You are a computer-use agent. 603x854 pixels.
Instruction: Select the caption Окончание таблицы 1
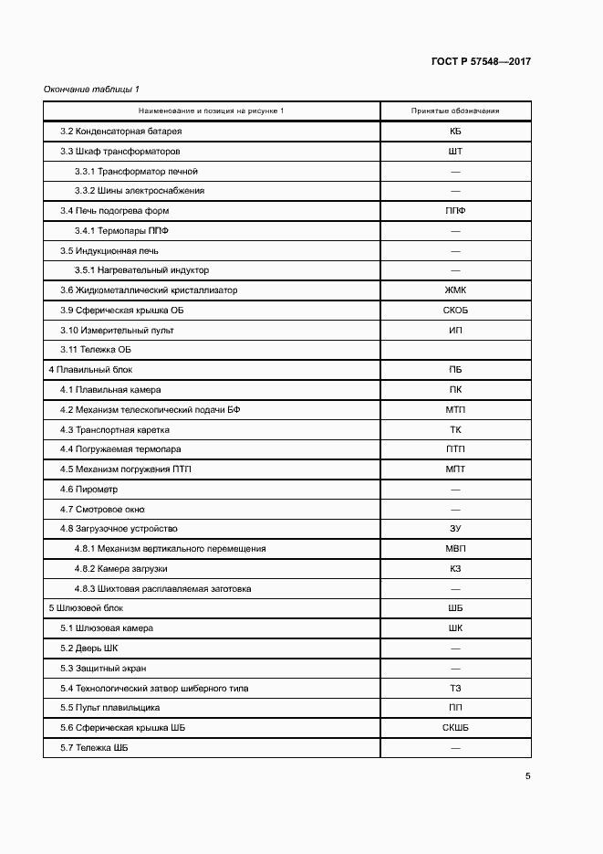click(x=91, y=90)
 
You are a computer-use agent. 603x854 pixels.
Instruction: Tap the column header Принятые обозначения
click(x=455, y=111)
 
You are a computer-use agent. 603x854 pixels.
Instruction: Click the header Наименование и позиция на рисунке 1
click(x=212, y=111)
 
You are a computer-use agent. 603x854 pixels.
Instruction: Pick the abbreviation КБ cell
click(x=455, y=132)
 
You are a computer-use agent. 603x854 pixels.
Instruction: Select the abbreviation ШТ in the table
click(x=455, y=152)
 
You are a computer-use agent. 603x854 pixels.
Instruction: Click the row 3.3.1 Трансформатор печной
click(x=136, y=171)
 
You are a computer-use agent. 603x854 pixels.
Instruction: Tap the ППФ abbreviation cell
click(x=455, y=211)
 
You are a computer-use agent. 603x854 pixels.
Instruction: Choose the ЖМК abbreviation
click(x=455, y=290)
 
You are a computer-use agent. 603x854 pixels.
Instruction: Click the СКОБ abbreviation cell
click(x=455, y=311)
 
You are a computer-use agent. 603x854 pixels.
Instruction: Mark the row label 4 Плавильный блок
click(x=90, y=370)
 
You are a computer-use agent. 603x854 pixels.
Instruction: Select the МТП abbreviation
click(x=455, y=410)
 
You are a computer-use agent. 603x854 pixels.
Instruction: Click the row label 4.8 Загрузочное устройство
click(x=119, y=529)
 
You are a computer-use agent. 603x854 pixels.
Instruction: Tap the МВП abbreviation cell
click(x=455, y=549)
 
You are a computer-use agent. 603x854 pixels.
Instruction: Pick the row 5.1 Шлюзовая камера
click(x=107, y=628)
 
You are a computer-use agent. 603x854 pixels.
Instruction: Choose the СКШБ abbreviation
click(x=455, y=728)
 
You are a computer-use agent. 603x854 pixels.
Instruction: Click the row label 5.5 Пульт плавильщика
click(x=110, y=708)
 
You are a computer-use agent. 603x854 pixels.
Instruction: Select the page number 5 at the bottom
click(x=527, y=776)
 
